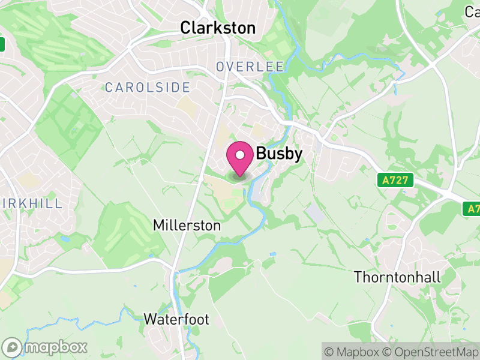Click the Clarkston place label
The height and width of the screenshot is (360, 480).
point(218,28)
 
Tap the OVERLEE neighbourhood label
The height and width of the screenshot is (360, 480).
point(250,67)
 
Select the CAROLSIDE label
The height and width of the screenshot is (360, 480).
point(148,88)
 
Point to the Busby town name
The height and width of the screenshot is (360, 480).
point(279,154)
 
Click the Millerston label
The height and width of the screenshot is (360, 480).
point(187,226)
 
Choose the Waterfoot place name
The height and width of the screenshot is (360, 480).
point(176,319)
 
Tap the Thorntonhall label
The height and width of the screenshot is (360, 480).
point(397,277)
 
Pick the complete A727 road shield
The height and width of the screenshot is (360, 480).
point(391,179)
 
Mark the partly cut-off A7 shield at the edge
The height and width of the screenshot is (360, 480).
point(472,209)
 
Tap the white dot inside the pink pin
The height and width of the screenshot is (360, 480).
point(239,155)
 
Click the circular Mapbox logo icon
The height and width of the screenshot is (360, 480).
point(13,347)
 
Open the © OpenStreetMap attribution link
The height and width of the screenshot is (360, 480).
point(433,352)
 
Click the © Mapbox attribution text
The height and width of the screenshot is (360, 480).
point(354,352)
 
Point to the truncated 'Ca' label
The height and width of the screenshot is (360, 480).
point(472,11)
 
